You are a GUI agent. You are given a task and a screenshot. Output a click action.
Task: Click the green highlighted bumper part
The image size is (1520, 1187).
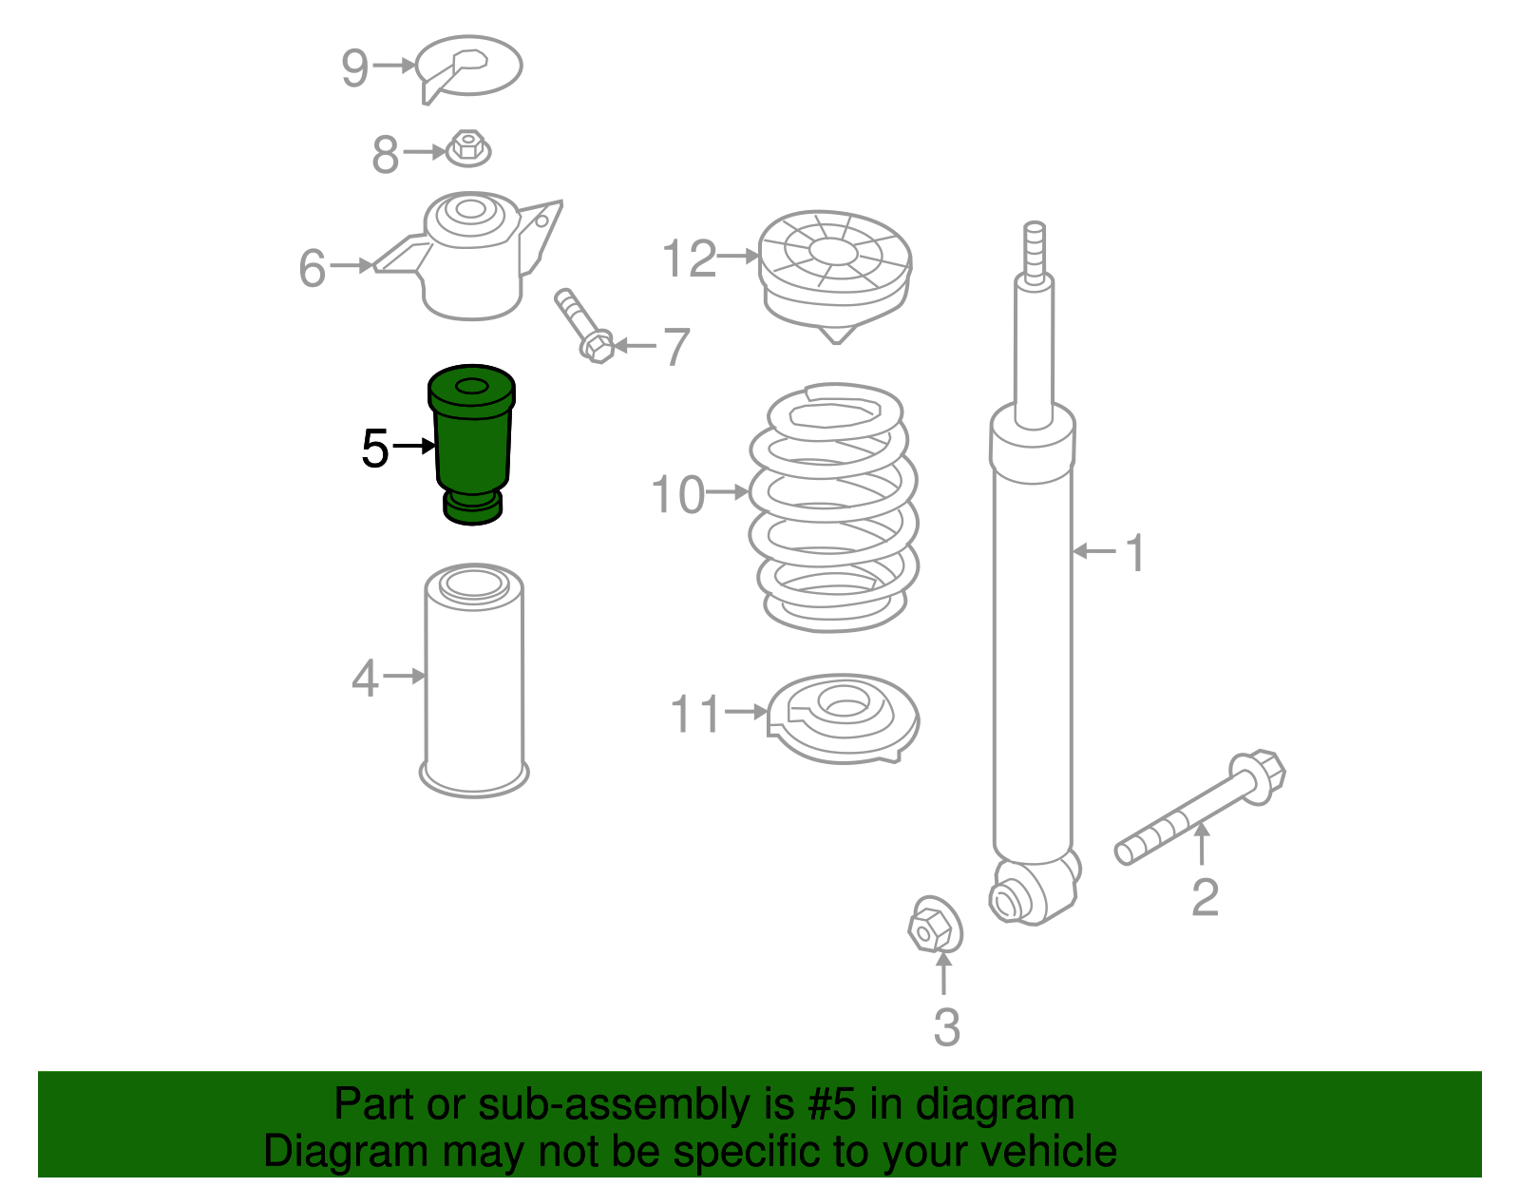click(x=472, y=444)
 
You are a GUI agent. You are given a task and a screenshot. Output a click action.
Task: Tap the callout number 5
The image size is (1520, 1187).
click(x=375, y=449)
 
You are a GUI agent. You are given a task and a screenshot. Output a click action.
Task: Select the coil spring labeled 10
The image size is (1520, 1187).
click(x=833, y=507)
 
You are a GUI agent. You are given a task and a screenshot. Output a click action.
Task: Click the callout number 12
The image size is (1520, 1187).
click(x=689, y=258)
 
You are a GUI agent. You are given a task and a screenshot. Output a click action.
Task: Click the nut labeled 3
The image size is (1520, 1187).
click(x=935, y=924)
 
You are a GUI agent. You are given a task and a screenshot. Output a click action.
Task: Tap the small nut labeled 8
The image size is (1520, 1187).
click(x=468, y=148)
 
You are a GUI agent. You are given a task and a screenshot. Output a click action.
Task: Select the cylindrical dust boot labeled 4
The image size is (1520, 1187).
click(x=474, y=680)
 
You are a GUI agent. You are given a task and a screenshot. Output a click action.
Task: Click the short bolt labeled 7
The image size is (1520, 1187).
click(x=584, y=326)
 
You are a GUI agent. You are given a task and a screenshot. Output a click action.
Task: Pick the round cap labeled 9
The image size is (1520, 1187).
click(x=468, y=67)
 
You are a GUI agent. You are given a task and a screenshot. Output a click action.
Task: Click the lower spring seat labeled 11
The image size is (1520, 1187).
click(x=843, y=718)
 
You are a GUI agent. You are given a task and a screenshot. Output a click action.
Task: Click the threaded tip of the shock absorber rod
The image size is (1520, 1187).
click(x=1035, y=252)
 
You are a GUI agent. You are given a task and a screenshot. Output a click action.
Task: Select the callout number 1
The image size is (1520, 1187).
click(x=1134, y=552)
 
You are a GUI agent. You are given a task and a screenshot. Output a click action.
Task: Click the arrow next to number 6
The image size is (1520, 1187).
click(x=351, y=265)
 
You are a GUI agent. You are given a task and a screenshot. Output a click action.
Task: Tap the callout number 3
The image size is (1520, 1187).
click(x=947, y=1027)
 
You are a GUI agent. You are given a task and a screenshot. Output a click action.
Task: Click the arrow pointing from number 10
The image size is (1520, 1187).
click(x=728, y=491)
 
